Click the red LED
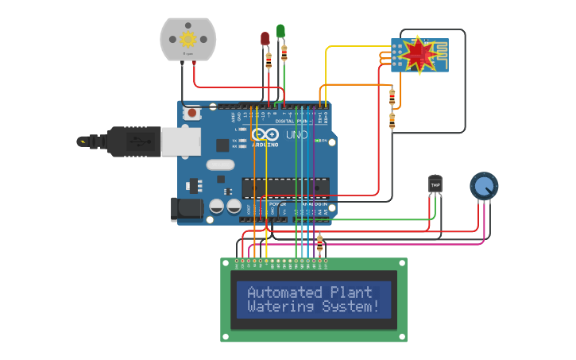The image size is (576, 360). click(x=265, y=38)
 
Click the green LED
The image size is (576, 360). click(x=280, y=31)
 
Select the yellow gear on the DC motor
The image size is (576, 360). click(x=188, y=39)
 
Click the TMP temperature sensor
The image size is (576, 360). click(x=435, y=184)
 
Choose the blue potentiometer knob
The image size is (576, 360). click(x=484, y=186)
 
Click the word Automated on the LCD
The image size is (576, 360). click(x=284, y=292)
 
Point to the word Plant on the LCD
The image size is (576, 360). click(x=350, y=292)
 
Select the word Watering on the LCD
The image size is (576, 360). click(x=277, y=307)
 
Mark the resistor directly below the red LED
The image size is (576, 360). click(x=269, y=58)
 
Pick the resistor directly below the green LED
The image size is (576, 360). click(x=284, y=53)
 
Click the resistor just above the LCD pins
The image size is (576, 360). click(x=319, y=242)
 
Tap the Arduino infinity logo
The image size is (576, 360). click(x=263, y=134)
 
